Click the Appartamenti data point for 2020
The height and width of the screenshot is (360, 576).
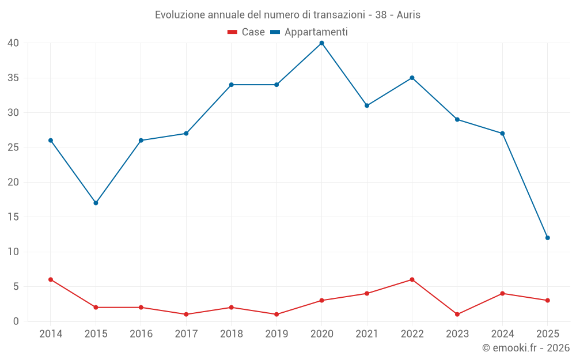point(321,43)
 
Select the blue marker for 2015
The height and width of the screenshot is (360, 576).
point(96,203)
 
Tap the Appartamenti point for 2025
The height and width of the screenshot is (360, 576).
point(547,238)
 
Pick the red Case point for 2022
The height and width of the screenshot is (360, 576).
point(412,279)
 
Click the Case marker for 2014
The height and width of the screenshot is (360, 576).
point(51,279)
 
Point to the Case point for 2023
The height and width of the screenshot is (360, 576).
point(457,314)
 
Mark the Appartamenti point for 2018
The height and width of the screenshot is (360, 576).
point(231,85)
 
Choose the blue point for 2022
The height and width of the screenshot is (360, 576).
point(412,78)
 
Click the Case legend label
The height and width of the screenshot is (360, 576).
point(253,32)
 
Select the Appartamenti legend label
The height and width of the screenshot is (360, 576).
point(316,32)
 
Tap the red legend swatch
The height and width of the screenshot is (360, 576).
point(232,32)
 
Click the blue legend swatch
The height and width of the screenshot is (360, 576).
point(275,32)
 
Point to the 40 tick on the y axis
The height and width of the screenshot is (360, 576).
point(14,43)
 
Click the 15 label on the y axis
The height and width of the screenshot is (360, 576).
point(14,217)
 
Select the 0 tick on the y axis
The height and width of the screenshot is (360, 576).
point(17,321)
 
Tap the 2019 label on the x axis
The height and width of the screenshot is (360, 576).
point(276,334)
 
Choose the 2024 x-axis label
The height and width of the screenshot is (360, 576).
point(502,334)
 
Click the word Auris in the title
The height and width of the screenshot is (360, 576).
point(408,15)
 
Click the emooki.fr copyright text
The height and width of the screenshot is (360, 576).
point(526,348)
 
